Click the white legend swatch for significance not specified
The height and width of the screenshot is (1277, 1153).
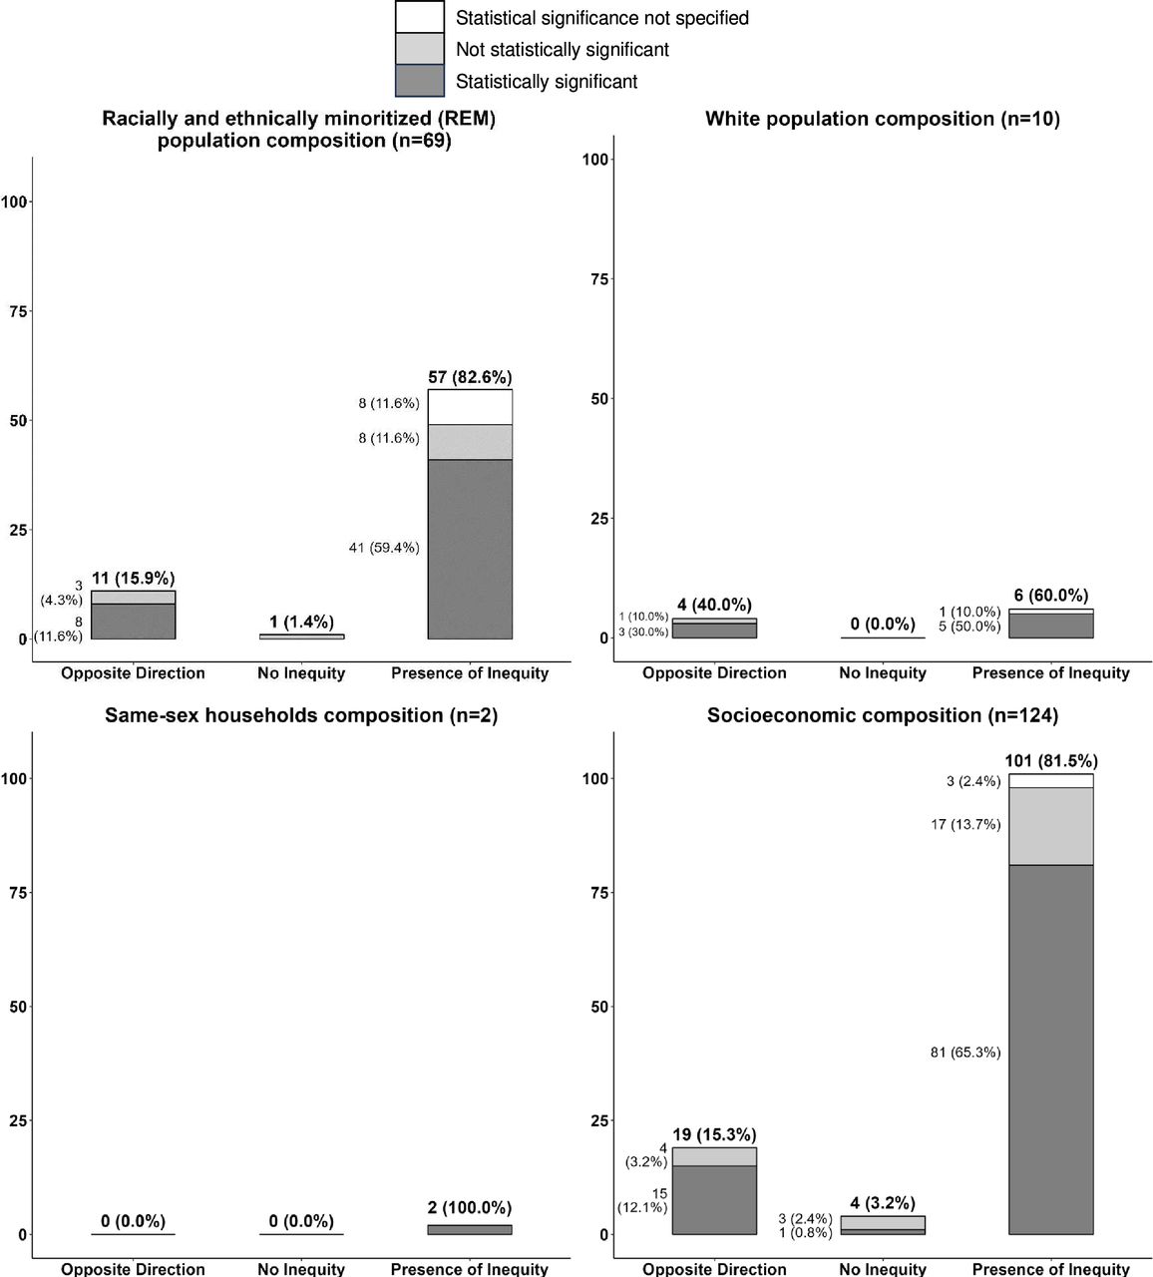420,17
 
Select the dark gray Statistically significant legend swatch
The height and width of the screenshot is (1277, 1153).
420,81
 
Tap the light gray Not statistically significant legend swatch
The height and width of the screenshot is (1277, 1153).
420,49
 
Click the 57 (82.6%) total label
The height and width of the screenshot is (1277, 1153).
470,377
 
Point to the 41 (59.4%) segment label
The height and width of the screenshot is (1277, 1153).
384,548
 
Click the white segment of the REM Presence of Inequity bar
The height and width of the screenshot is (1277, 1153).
470,407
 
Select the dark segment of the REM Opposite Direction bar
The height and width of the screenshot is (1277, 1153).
133,622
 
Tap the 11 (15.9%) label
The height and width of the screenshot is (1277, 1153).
133,578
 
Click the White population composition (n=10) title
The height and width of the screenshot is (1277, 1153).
883,119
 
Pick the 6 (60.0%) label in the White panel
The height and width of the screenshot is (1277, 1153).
1051,596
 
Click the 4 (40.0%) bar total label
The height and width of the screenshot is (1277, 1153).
714,605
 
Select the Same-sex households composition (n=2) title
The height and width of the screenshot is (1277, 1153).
301,715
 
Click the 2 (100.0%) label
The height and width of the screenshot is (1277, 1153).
470,1207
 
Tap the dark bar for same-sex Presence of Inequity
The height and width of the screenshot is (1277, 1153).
470,1230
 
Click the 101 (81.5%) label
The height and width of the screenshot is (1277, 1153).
1051,761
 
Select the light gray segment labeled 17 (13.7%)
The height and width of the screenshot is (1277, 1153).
1051,826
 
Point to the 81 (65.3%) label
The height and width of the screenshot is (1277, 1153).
965,1053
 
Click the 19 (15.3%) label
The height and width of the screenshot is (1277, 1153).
714,1134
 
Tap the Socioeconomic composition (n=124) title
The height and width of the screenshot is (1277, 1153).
883,715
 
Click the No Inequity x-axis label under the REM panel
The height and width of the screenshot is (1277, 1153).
301,672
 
